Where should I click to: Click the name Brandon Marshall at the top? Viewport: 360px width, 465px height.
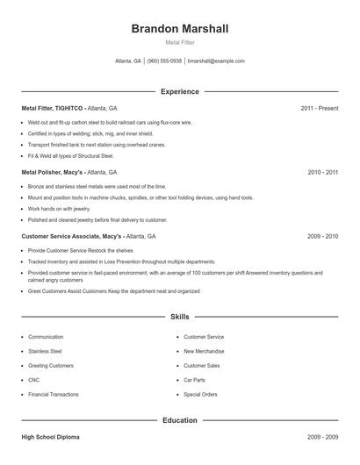pos(180,29)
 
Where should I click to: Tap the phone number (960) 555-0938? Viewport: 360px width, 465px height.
pos(164,61)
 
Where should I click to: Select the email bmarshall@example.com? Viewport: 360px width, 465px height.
pos(216,61)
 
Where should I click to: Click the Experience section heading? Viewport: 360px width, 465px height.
pos(180,91)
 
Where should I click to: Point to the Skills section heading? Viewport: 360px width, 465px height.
pos(180,316)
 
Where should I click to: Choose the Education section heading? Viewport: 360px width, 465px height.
pos(180,420)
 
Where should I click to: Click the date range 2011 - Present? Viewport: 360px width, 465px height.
pos(319,108)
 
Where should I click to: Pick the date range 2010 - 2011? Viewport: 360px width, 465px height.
pos(322,173)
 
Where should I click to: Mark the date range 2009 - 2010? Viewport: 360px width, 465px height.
pos(322,237)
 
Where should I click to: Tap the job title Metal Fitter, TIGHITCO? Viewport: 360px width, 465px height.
pos(52,108)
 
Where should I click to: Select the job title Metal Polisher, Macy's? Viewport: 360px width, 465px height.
pos(53,173)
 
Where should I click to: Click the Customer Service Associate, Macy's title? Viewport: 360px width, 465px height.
pos(72,237)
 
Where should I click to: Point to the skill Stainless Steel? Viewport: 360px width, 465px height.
pos(46,351)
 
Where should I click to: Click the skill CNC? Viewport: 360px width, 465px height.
pos(34,380)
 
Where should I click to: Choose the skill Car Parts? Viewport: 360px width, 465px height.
pos(194,380)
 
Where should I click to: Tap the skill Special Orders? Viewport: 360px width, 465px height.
pos(200,395)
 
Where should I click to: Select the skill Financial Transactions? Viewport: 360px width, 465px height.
pos(53,395)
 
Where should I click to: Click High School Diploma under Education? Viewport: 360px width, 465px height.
pos(51,436)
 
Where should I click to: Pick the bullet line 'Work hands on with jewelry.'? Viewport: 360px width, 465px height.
pos(60,209)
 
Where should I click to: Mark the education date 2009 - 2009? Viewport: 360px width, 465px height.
pos(322,436)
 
